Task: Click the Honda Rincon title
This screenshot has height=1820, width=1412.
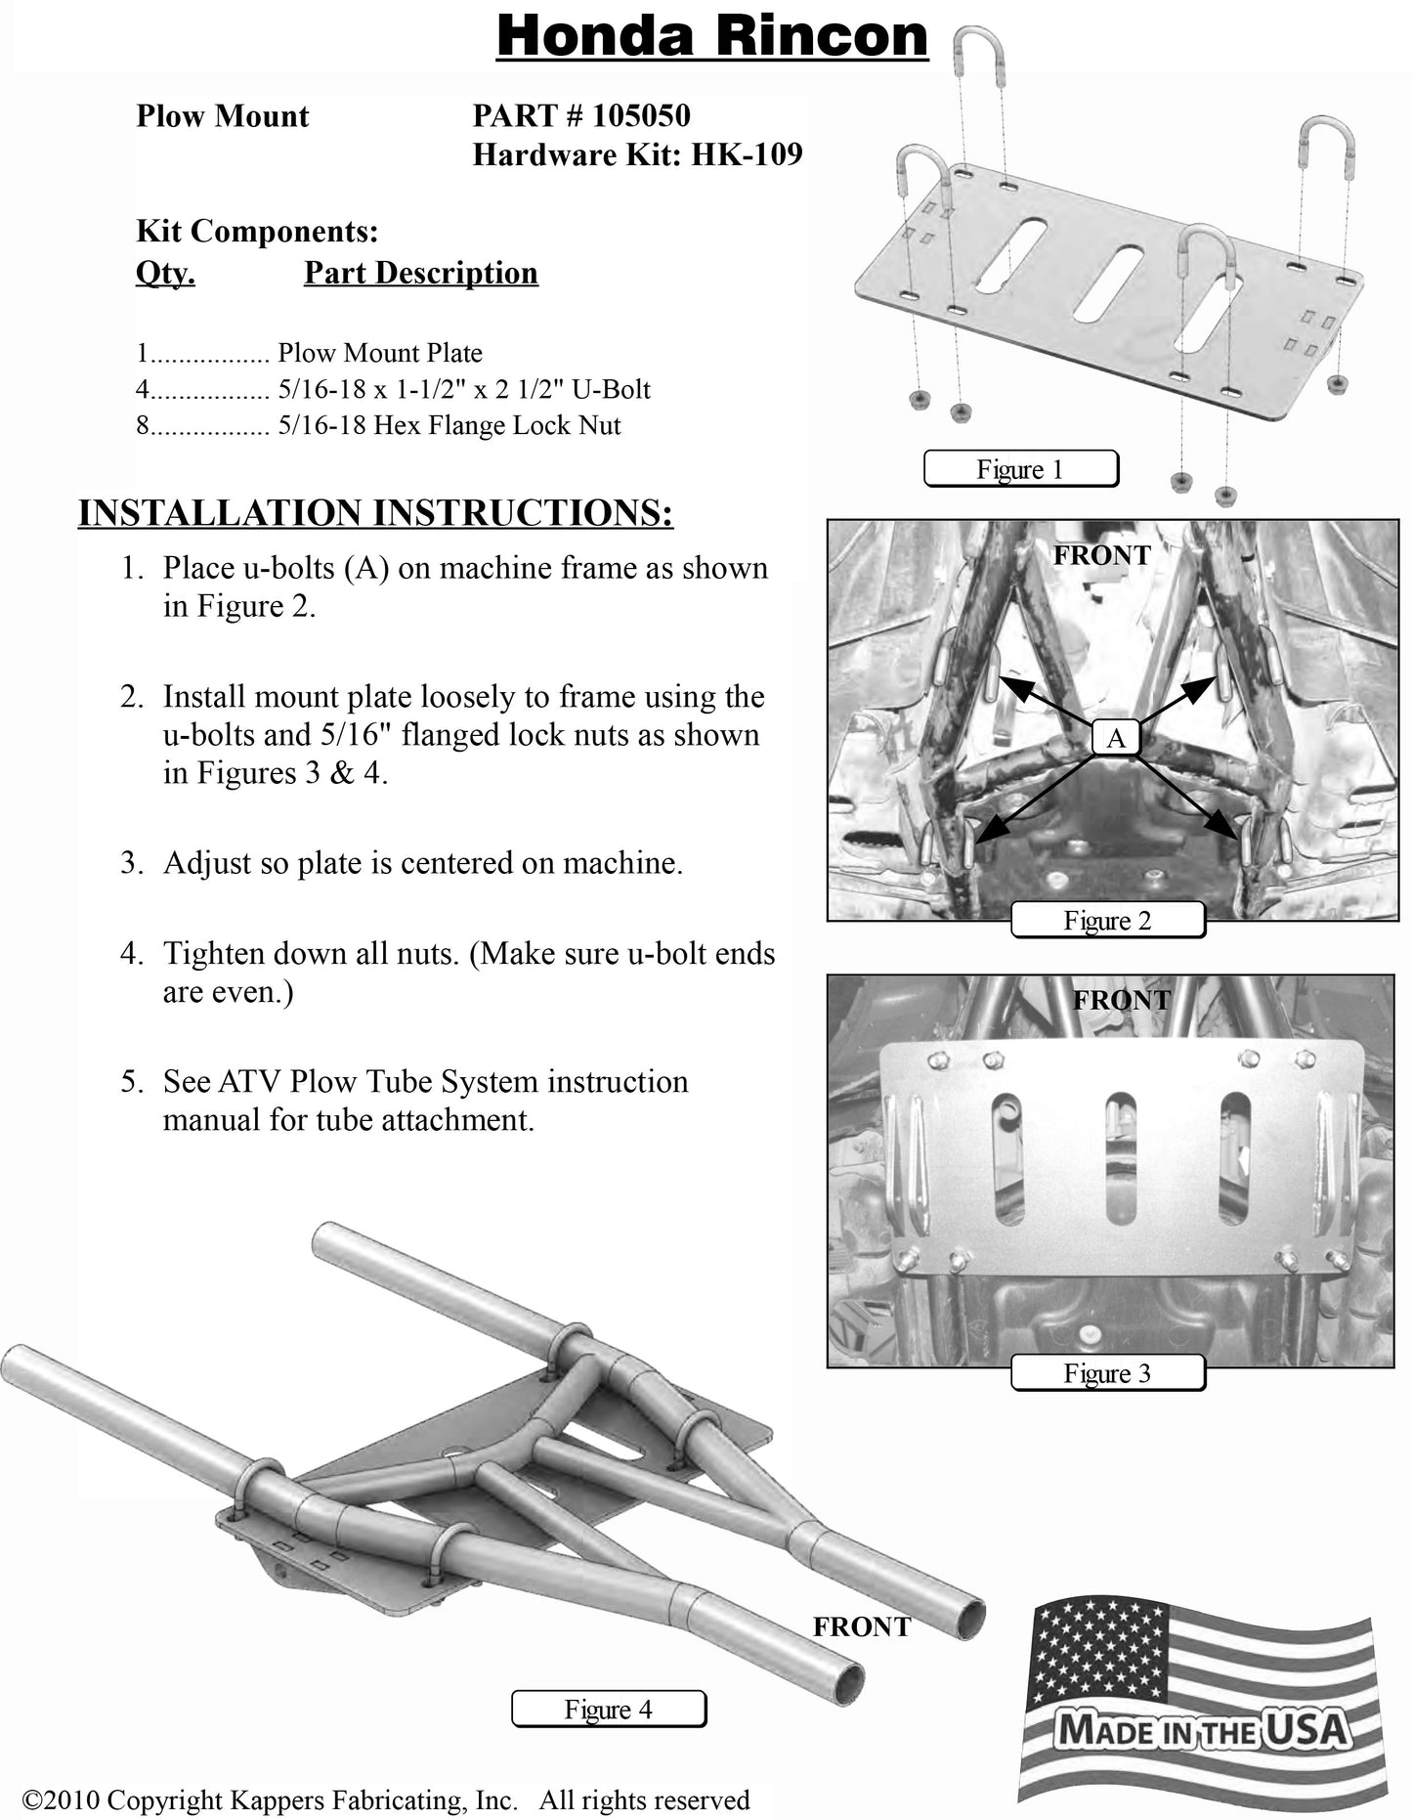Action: (711, 37)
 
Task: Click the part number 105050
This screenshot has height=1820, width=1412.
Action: (641, 116)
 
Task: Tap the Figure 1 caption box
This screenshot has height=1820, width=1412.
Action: (1020, 469)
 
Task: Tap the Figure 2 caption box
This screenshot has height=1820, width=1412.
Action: (1107, 921)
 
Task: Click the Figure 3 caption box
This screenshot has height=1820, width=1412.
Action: (1107, 1373)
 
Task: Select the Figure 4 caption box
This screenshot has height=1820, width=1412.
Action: (608, 1710)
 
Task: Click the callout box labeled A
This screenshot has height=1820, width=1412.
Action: (1116, 738)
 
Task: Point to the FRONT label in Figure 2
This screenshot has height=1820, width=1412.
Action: (1102, 555)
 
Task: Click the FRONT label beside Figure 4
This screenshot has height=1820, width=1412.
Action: (862, 1626)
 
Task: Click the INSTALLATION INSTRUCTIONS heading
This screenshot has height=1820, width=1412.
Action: (375, 513)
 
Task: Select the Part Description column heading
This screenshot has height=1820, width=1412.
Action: (420, 273)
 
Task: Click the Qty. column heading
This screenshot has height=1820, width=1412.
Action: (165, 273)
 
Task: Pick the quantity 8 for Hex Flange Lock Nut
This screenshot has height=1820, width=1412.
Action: (142, 426)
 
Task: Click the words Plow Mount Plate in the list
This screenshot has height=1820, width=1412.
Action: (380, 353)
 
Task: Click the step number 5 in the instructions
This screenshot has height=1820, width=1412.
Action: (130, 1082)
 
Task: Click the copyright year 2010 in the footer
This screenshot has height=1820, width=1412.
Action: (70, 1799)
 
